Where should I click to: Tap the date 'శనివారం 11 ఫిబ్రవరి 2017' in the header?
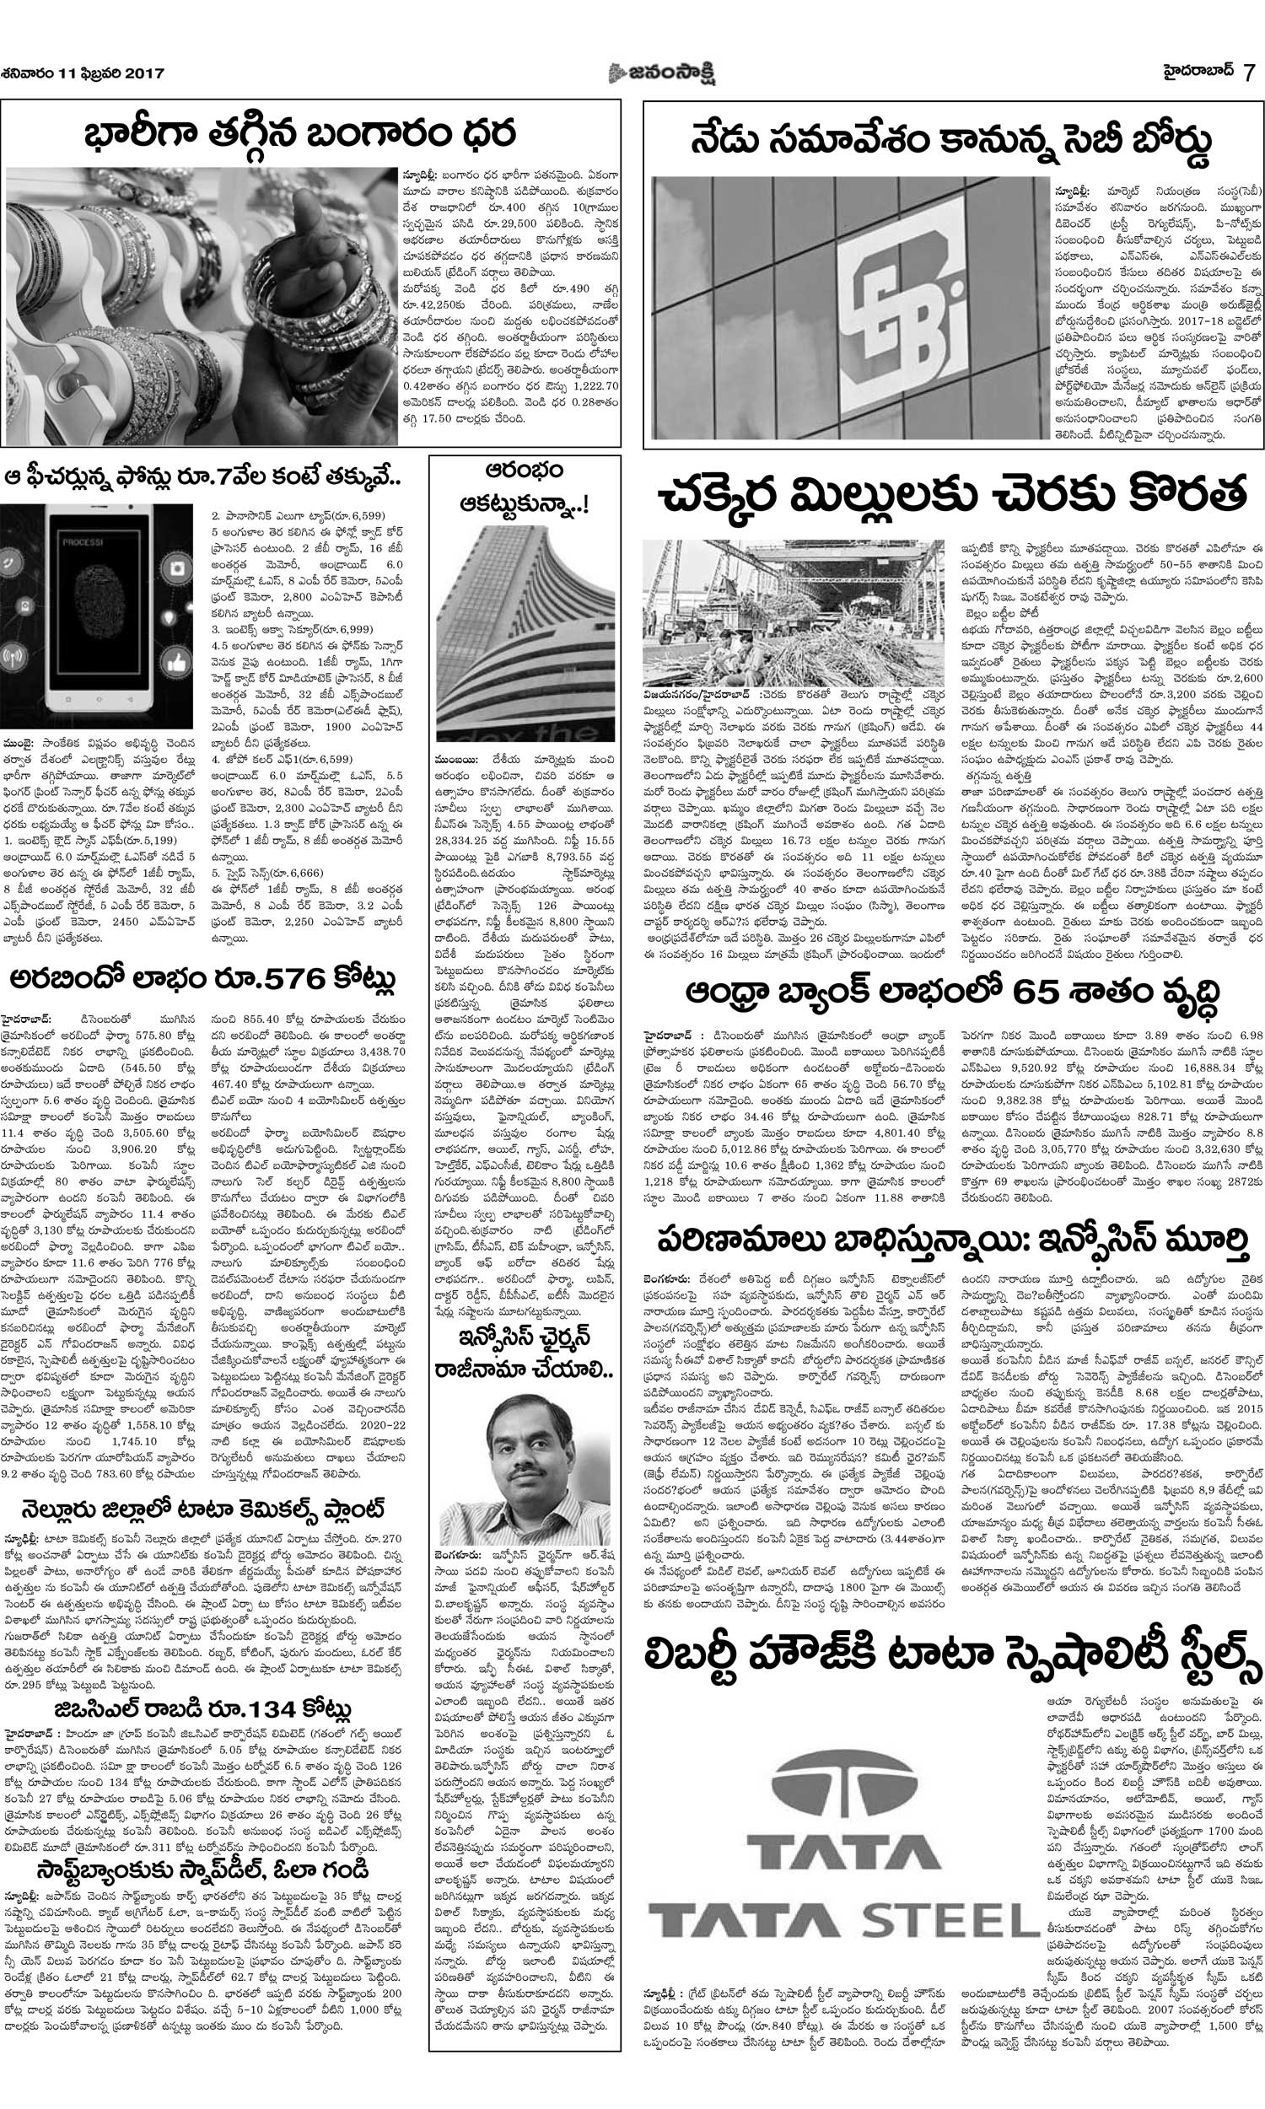[83, 74]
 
